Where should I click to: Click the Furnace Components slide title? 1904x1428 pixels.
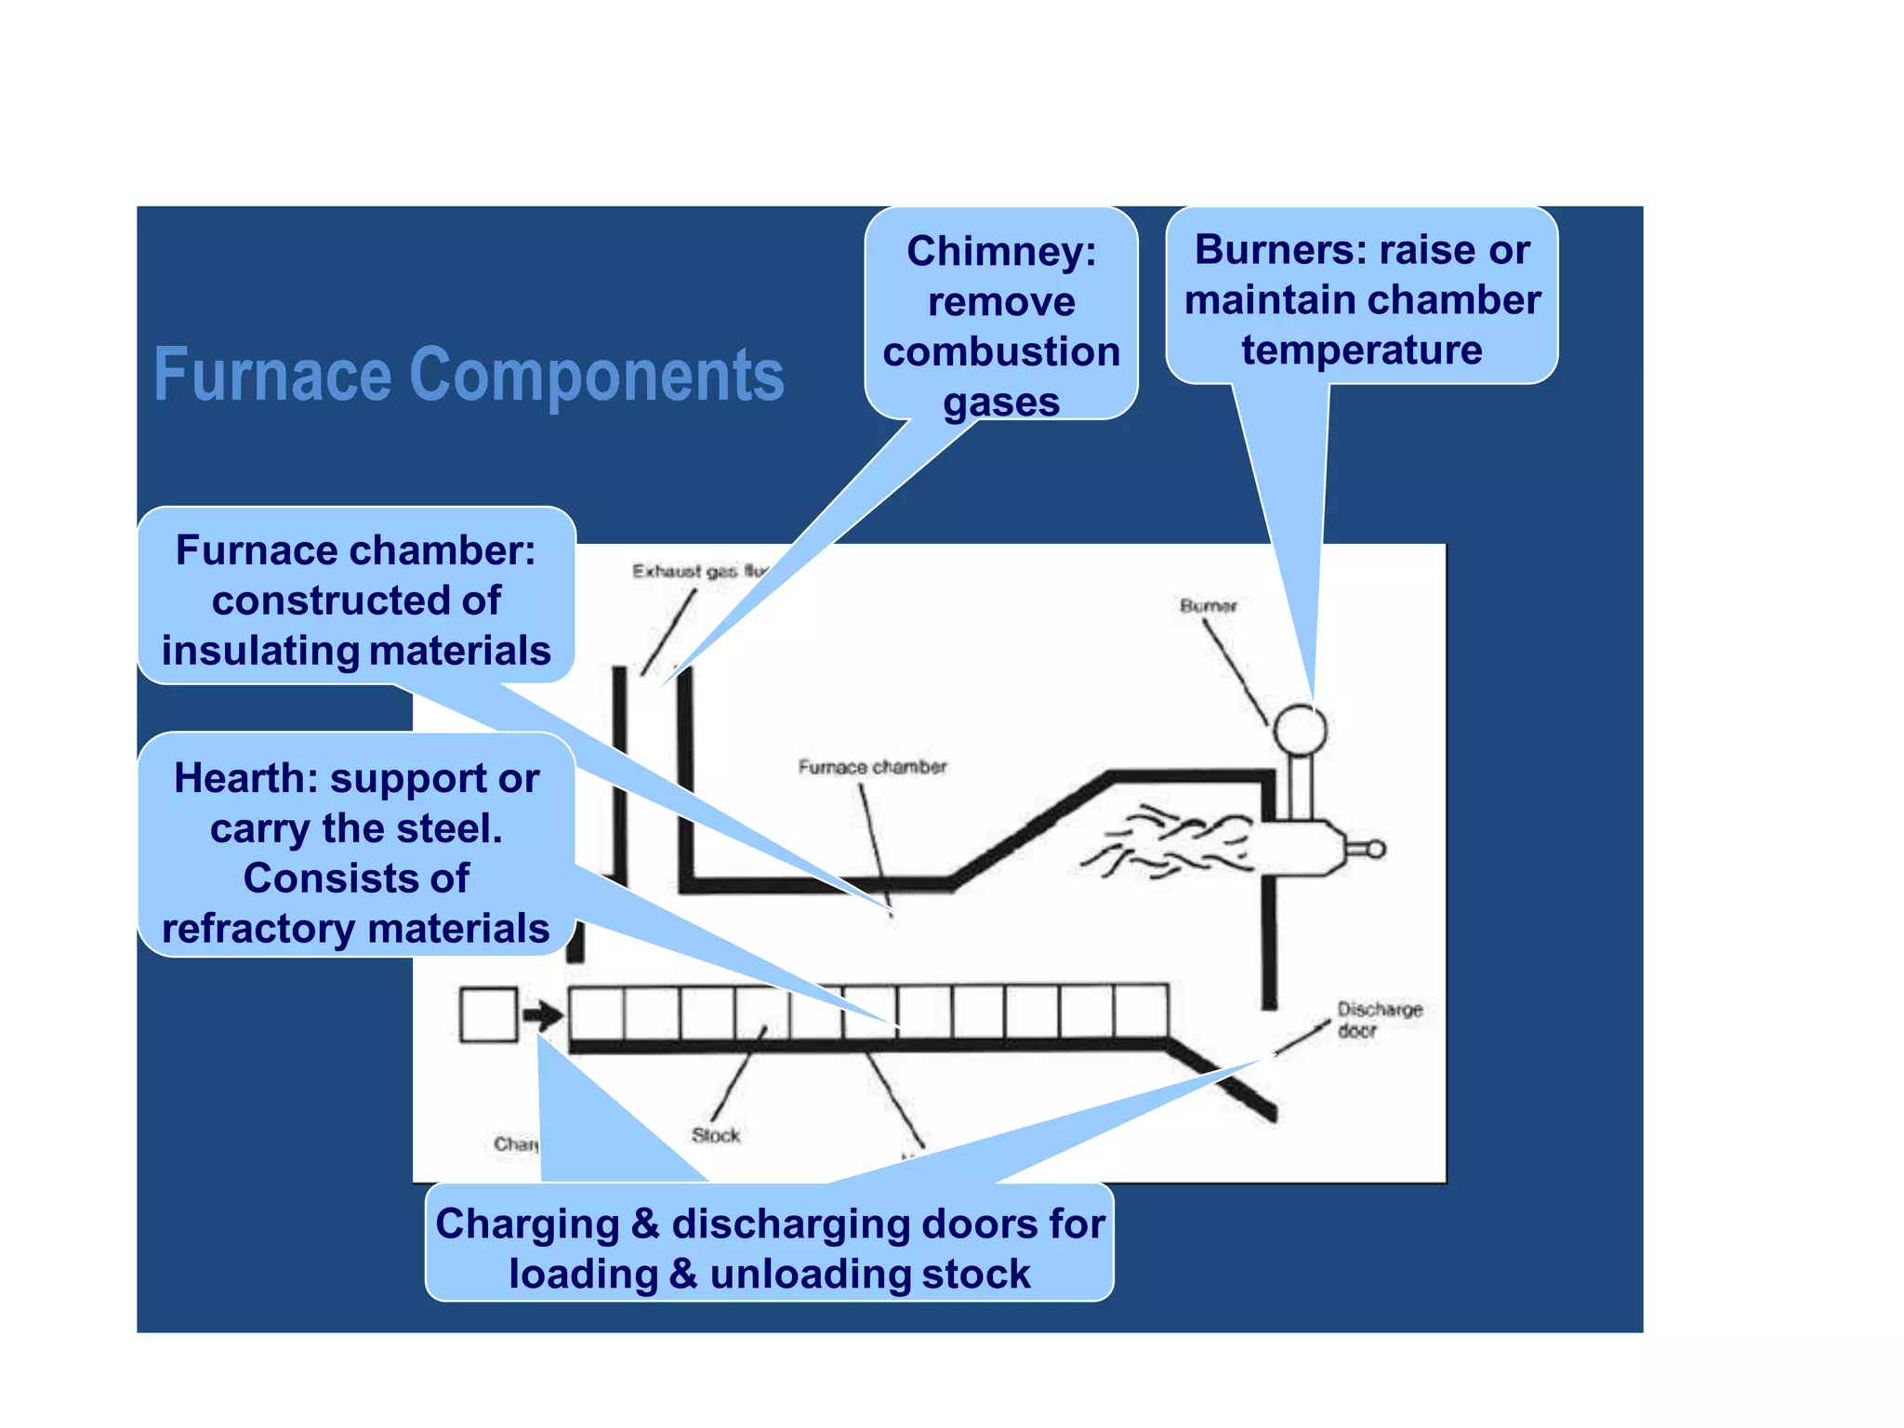point(469,375)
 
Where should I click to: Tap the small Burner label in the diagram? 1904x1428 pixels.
point(1208,606)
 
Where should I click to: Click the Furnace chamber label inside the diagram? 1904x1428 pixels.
point(871,767)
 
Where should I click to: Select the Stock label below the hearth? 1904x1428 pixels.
point(715,1135)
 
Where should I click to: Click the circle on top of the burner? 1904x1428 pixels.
point(1299,729)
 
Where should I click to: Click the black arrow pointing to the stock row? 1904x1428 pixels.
point(543,1014)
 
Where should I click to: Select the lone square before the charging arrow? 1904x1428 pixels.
point(488,1014)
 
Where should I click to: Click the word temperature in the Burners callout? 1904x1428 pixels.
point(1361,350)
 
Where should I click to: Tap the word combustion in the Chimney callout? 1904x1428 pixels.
point(1000,352)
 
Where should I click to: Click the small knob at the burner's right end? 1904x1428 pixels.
point(1375,849)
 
